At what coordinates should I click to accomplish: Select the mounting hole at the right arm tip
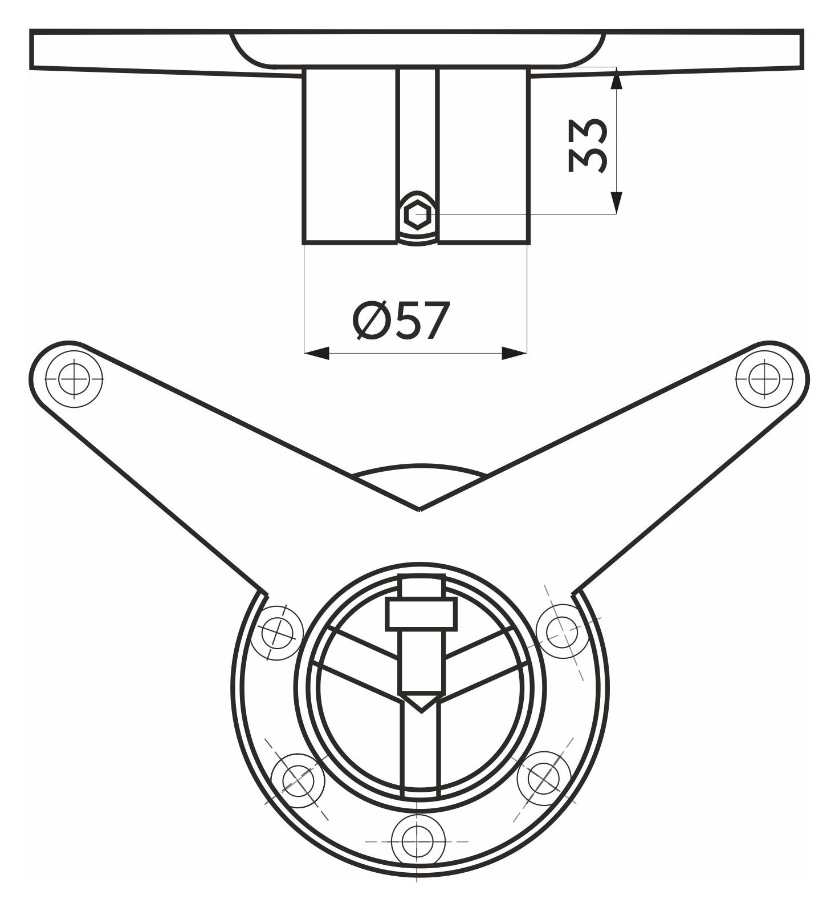[x=764, y=379]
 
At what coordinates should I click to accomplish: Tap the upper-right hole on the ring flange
[x=563, y=631]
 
